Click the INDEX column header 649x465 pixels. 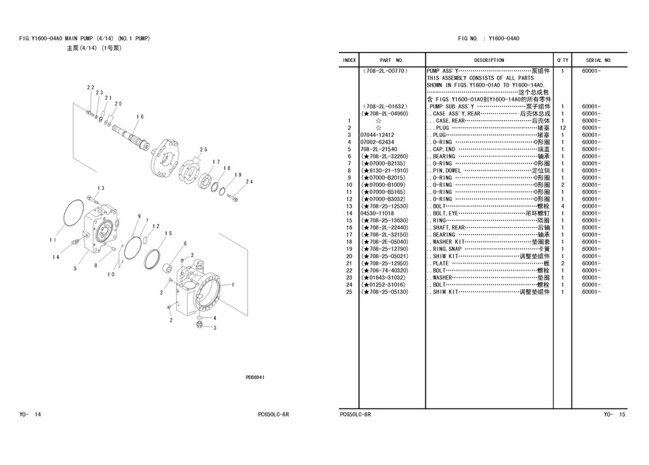350,60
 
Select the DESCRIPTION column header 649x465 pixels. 488,60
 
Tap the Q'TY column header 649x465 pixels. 562,60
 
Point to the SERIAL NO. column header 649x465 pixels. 599,60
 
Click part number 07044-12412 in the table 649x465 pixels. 377,135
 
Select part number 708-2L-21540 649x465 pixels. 378,150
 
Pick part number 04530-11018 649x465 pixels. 377,213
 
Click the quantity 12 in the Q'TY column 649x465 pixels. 562,128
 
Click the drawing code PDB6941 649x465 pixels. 255,377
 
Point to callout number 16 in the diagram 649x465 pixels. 140,117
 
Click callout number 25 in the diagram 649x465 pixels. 203,150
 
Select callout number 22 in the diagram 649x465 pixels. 90,88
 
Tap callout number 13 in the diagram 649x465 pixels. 101,188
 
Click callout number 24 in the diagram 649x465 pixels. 249,181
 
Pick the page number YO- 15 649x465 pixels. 614,415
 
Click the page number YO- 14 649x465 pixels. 30,415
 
